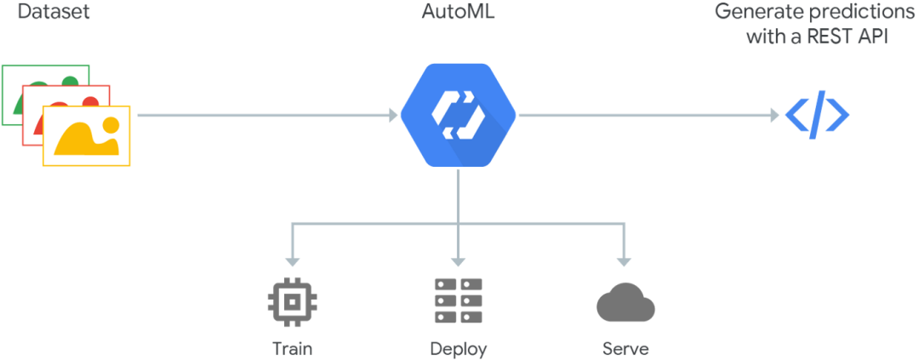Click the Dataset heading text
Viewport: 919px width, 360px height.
click(53, 12)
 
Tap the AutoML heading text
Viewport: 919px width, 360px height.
click(459, 12)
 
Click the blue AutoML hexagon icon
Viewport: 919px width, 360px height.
click(459, 114)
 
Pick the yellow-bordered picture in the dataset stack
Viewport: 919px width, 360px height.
click(87, 136)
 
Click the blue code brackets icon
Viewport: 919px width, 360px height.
click(816, 115)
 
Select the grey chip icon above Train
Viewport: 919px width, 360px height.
click(292, 300)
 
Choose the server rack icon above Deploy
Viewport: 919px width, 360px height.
click(459, 300)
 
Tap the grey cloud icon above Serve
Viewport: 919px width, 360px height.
click(625, 302)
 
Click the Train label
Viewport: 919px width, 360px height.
click(292, 348)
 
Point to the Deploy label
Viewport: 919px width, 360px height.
click(459, 348)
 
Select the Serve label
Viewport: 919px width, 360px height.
click(625, 348)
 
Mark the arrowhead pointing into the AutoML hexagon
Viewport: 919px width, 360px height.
click(393, 114)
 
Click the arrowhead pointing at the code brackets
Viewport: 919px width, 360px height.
click(773, 114)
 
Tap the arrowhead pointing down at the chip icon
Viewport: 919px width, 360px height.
click(292, 258)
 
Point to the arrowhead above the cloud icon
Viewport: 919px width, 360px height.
click(625, 258)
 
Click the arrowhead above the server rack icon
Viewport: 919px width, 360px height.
click(459, 258)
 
